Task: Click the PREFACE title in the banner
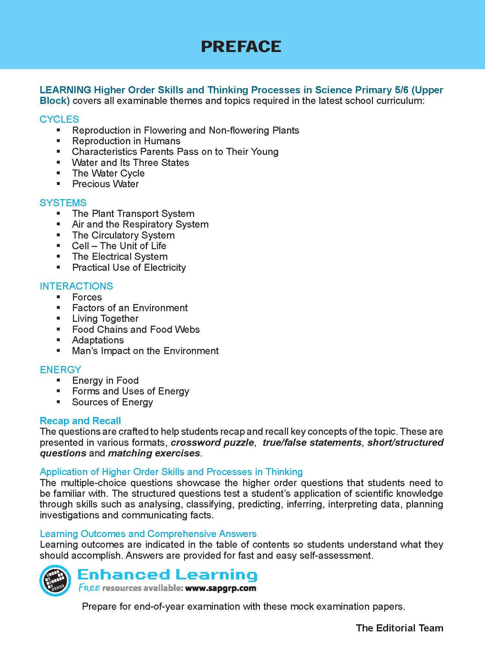click(241, 46)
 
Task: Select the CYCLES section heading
click(59, 119)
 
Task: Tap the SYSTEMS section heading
click(63, 203)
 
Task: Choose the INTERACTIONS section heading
click(76, 286)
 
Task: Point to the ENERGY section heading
click(60, 370)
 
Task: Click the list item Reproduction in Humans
click(126, 141)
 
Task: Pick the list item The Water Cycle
click(108, 173)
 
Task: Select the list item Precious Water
click(105, 184)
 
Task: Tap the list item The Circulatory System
click(123, 235)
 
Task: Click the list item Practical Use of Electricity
click(129, 268)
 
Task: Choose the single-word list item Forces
click(87, 297)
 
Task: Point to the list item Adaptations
click(98, 340)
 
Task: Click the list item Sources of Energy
click(112, 402)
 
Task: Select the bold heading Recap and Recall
click(80, 421)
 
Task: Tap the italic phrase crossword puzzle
click(212, 443)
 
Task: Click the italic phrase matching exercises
click(154, 453)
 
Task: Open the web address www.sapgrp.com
click(221, 588)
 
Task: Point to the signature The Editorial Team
click(399, 628)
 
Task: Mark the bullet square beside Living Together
click(58, 319)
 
